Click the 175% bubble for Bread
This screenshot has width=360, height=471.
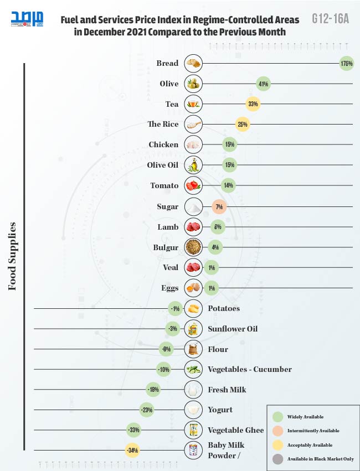tap(347, 64)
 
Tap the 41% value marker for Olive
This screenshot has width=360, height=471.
tap(263, 84)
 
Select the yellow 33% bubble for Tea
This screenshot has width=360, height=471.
tap(253, 104)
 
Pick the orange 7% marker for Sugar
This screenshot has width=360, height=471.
tap(219, 206)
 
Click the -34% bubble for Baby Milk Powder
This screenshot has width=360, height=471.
tap(132, 451)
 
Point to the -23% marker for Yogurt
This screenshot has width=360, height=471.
tap(147, 410)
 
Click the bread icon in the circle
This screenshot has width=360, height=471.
tap(193, 64)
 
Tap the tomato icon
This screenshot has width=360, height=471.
tap(193, 185)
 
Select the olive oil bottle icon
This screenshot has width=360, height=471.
tap(193, 165)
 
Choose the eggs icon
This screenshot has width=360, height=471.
tap(193, 288)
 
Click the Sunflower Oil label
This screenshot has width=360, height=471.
tap(233, 329)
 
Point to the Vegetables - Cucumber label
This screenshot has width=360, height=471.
tap(249, 369)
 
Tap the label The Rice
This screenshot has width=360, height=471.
tap(163, 125)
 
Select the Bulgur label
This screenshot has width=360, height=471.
tap(166, 247)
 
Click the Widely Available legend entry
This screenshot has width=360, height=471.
tap(305, 417)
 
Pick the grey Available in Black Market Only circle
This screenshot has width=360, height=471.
tap(279, 459)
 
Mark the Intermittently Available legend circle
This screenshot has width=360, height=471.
tap(279, 431)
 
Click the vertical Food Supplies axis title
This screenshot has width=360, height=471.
tap(12, 256)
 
